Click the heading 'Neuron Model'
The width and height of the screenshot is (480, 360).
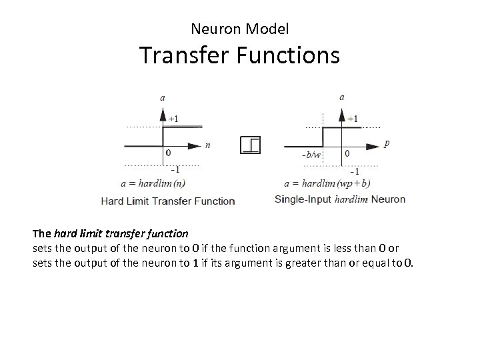(x=239, y=29)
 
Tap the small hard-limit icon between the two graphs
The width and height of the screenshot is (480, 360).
(x=251, y=145)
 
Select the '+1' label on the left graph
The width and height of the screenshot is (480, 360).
(x=173, y=119)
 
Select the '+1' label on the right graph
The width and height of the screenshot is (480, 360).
(x=353, y=119)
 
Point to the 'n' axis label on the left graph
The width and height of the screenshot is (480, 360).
(x=209, y=143)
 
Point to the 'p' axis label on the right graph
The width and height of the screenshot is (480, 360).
(x=388, y=143)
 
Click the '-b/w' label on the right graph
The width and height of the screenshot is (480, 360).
(x=311, y=156)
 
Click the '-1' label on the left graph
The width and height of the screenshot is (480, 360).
(x=174, y=168)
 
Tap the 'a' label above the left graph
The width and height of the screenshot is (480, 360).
(x=163, y=97)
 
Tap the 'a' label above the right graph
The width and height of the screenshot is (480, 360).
(x=342, y=97)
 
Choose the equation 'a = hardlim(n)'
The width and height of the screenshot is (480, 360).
(x=153, y=182)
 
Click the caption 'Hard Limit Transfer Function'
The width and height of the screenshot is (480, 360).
(x=167, y=200)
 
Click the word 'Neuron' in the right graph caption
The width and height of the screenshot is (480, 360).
(x=388, y=199)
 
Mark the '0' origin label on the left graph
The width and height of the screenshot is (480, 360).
(x=168, y=153)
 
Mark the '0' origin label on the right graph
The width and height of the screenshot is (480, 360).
(x=347, y=153)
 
